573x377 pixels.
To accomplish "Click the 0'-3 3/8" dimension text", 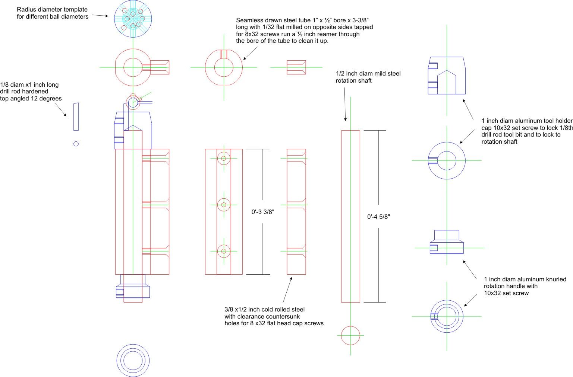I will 263,212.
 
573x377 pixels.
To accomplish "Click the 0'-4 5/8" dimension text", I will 378,217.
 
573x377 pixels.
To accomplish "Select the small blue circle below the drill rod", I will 76,144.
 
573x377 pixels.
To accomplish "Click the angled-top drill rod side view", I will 76,116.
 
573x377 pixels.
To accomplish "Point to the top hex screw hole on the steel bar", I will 224,158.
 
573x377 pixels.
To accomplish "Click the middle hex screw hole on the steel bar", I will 224,205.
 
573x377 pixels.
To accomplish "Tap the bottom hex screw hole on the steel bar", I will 224,251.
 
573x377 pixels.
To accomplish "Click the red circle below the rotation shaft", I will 350,335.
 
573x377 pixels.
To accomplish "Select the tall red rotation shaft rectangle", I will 350,216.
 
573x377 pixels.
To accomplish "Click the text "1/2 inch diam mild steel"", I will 368,74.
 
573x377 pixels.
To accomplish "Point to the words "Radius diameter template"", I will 52,10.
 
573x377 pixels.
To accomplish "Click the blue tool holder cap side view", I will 447,75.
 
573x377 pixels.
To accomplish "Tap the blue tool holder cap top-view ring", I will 447,160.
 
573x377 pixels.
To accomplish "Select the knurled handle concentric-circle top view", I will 447,316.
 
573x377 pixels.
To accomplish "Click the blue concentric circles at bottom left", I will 133,360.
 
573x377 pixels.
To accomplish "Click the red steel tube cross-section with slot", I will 224,67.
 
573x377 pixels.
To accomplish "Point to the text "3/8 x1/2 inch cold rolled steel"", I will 264,310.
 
